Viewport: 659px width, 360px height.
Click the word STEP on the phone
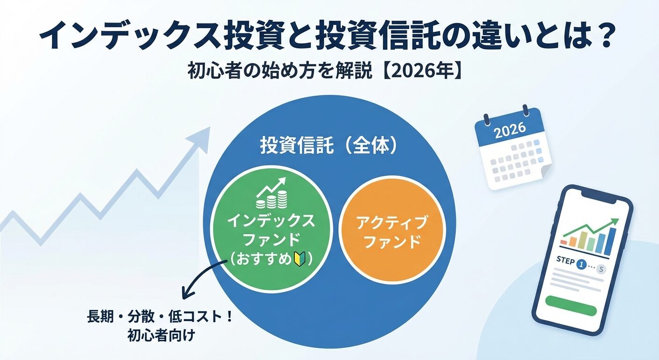(565, 261)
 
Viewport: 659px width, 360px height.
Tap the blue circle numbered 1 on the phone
(582, 265)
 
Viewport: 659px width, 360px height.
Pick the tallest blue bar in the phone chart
(610, 240)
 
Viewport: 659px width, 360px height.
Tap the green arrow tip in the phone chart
(616, 222)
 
